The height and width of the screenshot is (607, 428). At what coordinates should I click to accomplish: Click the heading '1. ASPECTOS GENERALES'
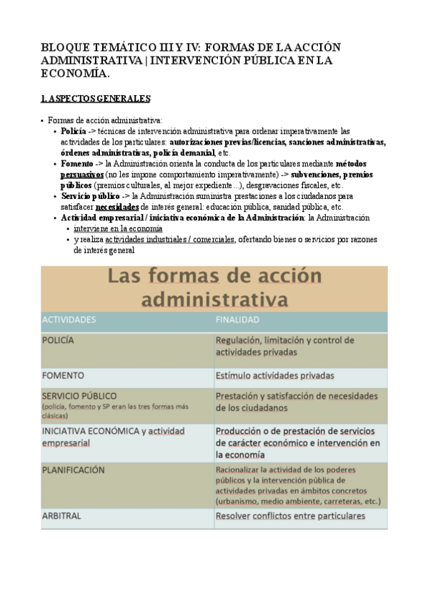pos(95,98)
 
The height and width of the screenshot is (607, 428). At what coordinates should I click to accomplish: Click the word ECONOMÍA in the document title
pos(74,74)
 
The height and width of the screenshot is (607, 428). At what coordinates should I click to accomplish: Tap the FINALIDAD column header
pos(238,320)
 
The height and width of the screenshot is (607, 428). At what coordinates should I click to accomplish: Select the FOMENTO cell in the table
pos(63,375)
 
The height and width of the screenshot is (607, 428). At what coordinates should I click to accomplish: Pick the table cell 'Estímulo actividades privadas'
pos(275,375)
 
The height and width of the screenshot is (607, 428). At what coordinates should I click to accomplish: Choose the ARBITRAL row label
pos(61,515)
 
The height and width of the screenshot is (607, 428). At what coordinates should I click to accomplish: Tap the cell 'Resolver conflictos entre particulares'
pos(290,515)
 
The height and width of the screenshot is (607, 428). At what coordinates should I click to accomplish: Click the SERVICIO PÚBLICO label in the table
pos(79,395)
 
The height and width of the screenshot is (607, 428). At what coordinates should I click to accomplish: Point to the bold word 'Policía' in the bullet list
pos(74,132)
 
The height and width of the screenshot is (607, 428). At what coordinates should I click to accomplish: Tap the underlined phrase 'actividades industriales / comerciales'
pos(169,239)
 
